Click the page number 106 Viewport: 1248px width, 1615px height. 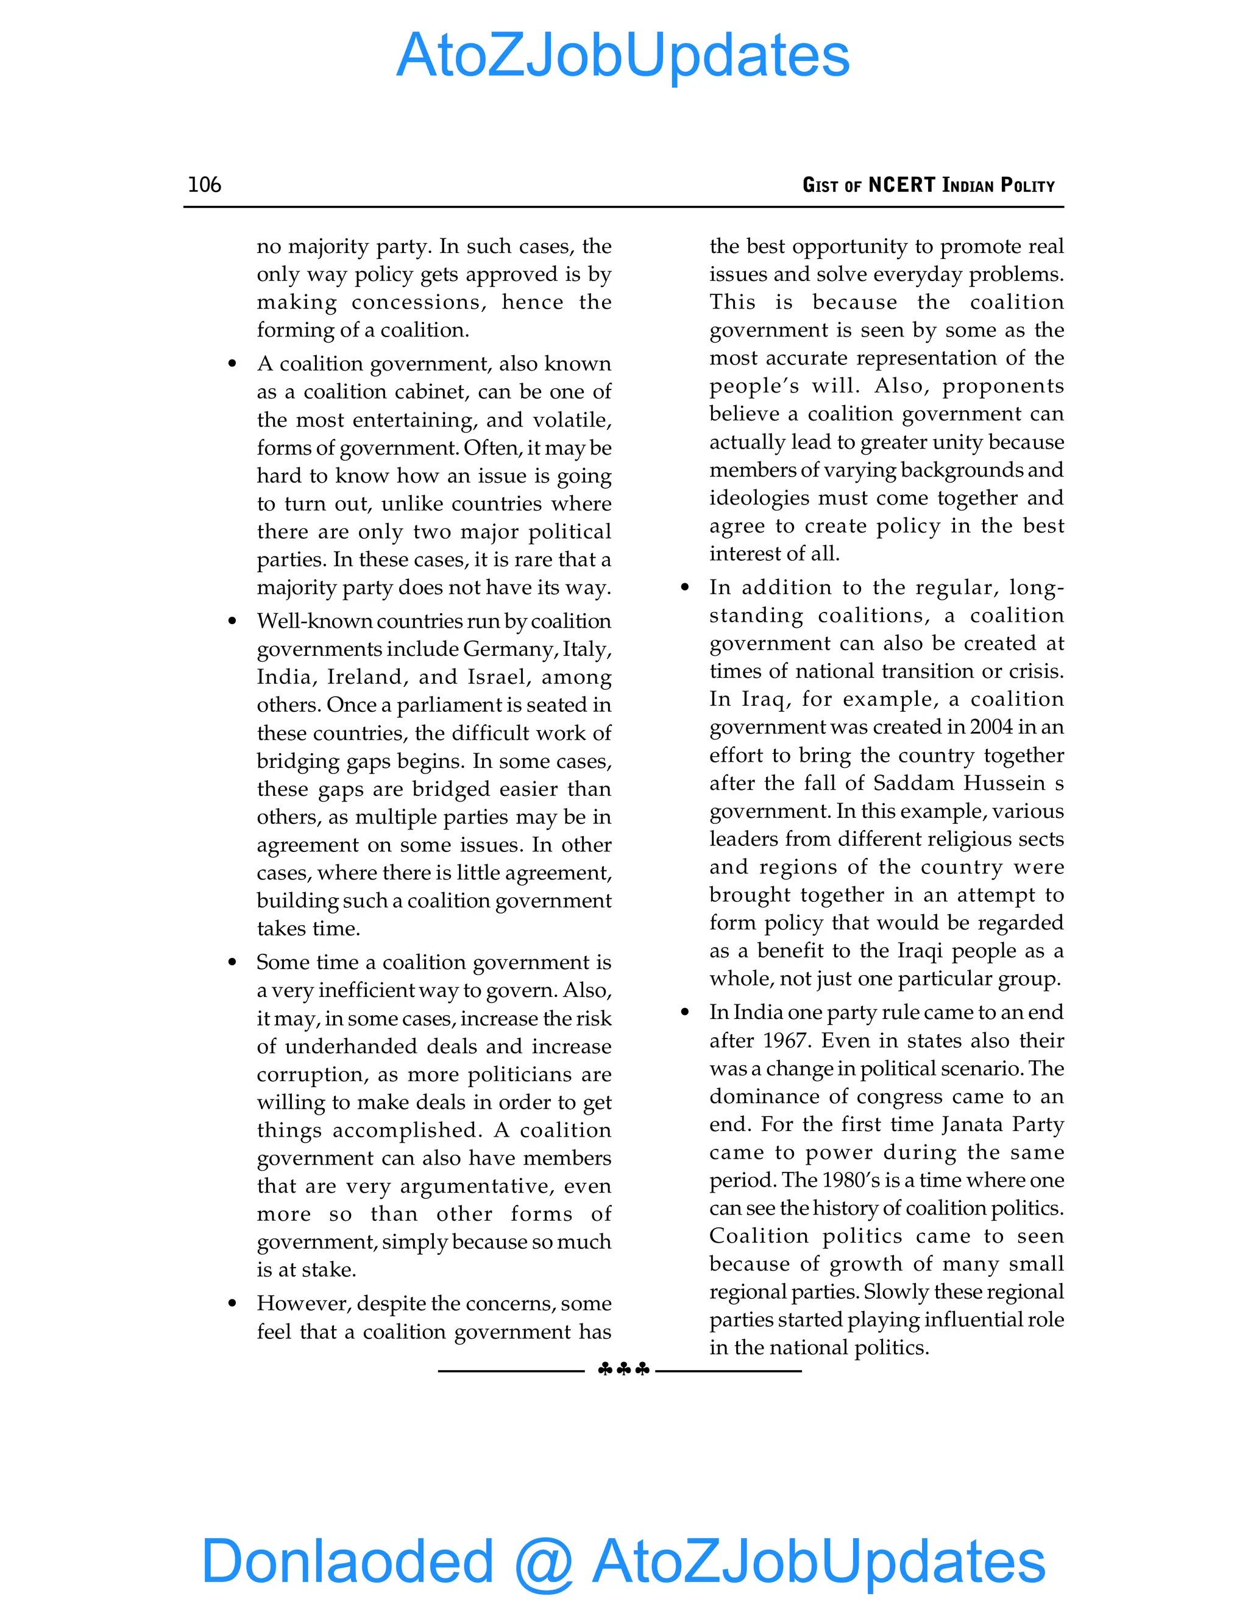click(204, 184)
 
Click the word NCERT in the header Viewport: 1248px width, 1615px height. click(901, 185)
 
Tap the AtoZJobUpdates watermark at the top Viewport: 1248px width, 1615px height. click(623, 55)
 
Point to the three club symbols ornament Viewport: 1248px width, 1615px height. click(623, 1369)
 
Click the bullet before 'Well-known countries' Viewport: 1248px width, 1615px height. click(232, 621)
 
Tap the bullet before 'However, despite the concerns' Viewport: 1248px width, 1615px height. click(232, 1304)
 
